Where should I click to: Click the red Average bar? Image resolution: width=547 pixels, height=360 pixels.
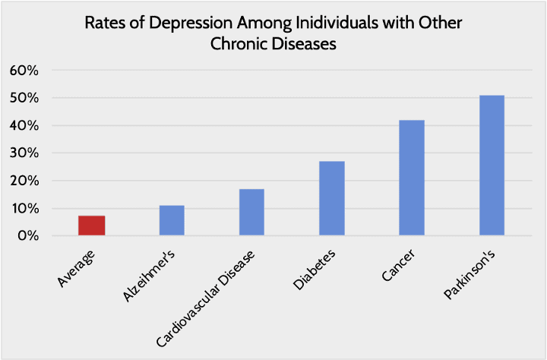[x=92, y=226]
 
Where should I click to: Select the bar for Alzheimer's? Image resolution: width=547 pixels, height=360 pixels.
[x=172, y=220]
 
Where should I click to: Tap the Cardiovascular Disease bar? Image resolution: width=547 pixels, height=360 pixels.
[x=251, y=212]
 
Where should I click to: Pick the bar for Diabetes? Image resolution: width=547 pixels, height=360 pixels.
[x=331, y=198]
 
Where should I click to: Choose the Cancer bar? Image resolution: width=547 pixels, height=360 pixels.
[x=412, y=178]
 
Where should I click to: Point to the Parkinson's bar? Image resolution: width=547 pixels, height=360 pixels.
[x=492, y=166]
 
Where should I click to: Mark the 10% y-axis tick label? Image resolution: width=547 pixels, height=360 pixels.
[x=24, y=209]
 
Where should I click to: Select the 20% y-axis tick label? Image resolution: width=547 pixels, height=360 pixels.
[x=24, y=181]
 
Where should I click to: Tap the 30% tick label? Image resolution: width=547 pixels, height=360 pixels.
[x=24, y=153]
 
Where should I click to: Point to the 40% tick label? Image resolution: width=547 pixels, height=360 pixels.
[x=24, y=126]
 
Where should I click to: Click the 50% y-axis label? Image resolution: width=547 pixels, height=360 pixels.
[x=24, y=99]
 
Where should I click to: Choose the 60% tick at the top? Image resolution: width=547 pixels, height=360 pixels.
[x=24, y=71]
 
